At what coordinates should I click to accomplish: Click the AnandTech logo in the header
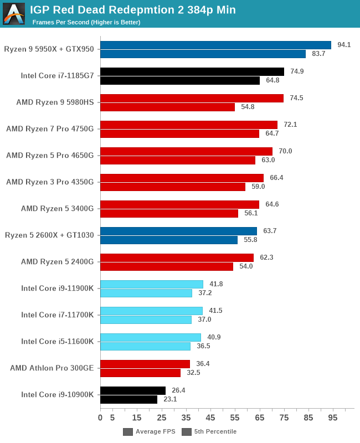tap(14, 14)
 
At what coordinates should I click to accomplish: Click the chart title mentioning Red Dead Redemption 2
tap(133, 10)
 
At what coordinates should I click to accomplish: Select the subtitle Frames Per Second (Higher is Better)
tap(86, 22)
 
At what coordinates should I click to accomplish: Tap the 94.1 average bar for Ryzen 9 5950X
tap(215, 45)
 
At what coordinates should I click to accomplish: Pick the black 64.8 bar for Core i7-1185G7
tap(180, 80)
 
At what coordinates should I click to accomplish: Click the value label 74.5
tap(297, 98)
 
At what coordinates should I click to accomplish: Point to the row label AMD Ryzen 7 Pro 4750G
tap(50, 129)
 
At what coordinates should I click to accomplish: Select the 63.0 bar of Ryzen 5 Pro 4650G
tap(178, 160)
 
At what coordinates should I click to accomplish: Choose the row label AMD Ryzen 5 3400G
tap(58, 209)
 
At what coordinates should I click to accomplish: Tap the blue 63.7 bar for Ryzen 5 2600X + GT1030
tap(178, 231)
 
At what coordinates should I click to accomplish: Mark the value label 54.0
tap(246, 266)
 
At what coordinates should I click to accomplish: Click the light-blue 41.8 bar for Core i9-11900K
tap(152, 284)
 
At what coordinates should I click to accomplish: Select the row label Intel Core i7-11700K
tap(58, 315)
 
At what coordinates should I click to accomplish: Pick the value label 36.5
tap(203, 346)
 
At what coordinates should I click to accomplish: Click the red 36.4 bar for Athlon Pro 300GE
tap(145, 364)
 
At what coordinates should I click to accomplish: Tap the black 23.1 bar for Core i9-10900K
tap(128, 399)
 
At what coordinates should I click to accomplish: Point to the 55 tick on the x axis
tap(235, 417)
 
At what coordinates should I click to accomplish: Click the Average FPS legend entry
tap(150, 431)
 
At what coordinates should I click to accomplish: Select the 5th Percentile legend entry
tap(210, 431)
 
